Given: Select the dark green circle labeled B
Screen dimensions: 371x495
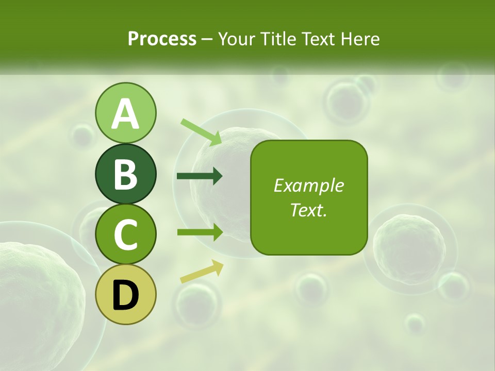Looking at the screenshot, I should [x=125, y=174].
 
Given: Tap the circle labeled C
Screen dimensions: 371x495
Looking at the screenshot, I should [x=125, y=234].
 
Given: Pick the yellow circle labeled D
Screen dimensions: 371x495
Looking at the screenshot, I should [x=125, y=294].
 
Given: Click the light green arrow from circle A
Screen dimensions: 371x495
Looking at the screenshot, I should [x=201, y=131].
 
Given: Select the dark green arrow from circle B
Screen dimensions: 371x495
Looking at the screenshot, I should [x=200, y=176].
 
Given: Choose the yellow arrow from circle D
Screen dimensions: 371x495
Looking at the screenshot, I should [x=202, y=272].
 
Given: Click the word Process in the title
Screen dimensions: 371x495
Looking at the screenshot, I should [x=162, y=39].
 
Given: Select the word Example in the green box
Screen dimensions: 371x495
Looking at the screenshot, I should [x=308, y=185].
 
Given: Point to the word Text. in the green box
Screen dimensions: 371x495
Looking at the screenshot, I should [x=308, y=210].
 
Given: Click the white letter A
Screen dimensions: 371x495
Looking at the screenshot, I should [x=125, y=114].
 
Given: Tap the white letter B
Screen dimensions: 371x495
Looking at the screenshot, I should [x=125, y=174].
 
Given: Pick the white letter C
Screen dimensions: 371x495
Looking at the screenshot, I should [x=125, y=235].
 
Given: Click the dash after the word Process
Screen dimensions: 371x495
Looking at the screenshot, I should [x=207, y=40].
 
